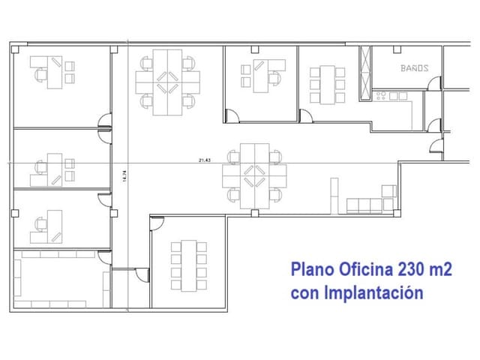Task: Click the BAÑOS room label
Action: [x=414, y=68]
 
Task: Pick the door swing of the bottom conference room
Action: [x=157, y=223]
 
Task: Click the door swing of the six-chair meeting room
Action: [x=306, y=116]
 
